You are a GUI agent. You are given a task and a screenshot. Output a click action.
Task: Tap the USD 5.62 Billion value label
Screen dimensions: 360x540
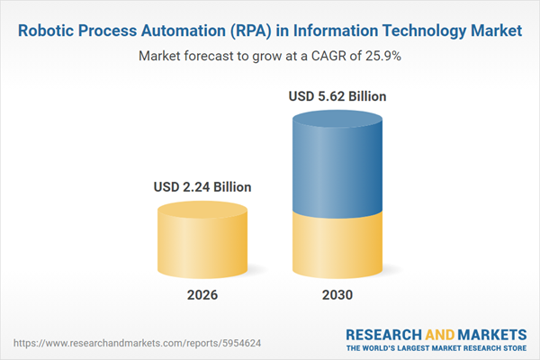[x=337, y=95]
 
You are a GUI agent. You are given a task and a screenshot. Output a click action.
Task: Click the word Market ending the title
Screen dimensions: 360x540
[x=493, y=31]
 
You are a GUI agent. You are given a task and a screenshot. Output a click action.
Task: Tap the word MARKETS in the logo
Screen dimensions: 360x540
[x=490, y=334]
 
